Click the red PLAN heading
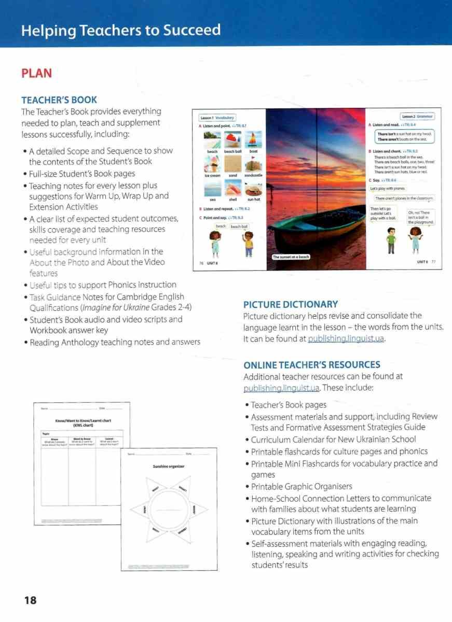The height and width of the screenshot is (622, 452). point(36,73)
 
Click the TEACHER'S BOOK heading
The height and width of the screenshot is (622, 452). point(59,100)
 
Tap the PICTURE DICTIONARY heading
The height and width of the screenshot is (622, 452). point(290,304)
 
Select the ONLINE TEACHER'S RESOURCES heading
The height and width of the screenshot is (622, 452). point(311,365)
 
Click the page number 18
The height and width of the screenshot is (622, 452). point(30,600)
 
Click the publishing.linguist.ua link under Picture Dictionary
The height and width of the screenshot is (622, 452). point(346,339)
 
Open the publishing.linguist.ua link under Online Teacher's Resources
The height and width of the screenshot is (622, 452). point(281,388)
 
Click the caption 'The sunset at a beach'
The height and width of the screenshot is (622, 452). point(291,257)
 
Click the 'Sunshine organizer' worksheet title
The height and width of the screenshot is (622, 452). point(169,466)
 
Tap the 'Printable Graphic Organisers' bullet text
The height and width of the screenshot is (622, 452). point(302,486)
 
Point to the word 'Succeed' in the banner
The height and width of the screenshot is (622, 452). point(192,30)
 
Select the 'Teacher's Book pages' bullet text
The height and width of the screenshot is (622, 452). point(289,405)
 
